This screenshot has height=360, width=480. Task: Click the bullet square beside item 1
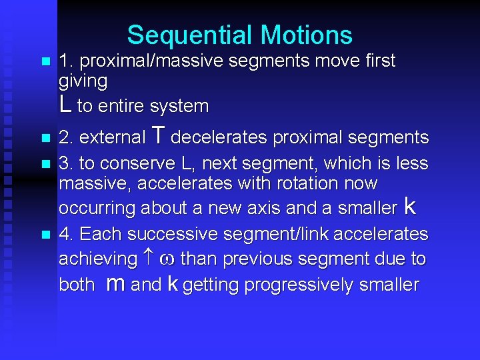(45, 62)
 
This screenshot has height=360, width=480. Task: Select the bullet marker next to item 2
(45, 139)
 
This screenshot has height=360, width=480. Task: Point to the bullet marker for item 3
(45, 163)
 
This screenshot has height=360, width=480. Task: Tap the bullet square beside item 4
(45, 235)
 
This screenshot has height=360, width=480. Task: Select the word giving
(83, 81)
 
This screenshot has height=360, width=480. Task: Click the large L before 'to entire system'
(65, 104)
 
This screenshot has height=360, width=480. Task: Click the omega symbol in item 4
(167, 259)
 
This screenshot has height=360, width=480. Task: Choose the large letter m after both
(115, 284)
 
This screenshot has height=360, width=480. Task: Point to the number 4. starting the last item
(66, 235)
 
